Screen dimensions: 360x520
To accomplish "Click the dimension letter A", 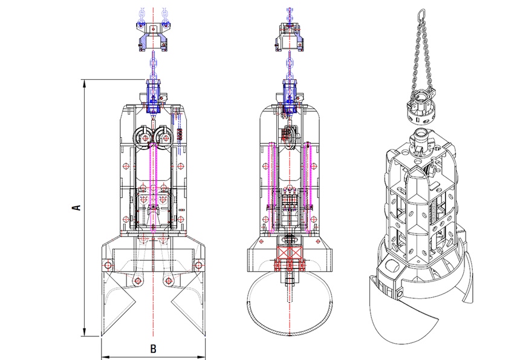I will click(76, 208).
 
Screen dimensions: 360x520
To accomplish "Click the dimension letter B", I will click(153, 349).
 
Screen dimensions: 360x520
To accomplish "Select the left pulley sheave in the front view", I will click(146, 138).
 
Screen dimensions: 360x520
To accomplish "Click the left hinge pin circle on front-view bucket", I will click(107, 265).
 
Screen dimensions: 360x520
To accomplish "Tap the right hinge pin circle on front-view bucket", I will click(199, 265).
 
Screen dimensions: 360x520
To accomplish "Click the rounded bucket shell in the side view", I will click(291, 309).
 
